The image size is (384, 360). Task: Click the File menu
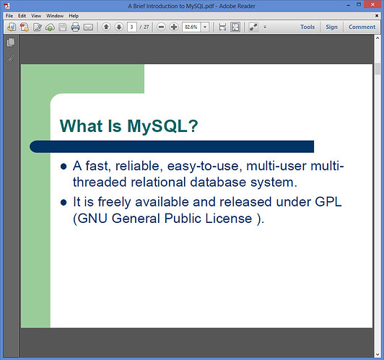9,16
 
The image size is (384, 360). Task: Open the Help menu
74,16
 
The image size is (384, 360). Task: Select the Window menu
55,16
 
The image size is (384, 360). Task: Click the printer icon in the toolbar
75,27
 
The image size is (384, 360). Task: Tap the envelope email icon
88,27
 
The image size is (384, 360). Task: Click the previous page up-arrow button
106,27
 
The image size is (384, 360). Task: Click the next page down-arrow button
119,27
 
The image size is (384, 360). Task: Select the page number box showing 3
132,27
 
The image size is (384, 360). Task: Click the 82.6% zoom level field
191,27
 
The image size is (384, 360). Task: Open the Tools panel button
307,27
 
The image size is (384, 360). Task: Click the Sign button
331,27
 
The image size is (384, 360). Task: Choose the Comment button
362,27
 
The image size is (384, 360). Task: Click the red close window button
372,4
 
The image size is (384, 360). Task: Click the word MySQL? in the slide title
162,126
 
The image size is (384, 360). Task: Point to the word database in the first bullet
218,183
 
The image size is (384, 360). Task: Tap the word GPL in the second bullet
328,202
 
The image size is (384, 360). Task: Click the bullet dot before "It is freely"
64,203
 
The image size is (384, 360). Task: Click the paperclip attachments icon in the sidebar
11,59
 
